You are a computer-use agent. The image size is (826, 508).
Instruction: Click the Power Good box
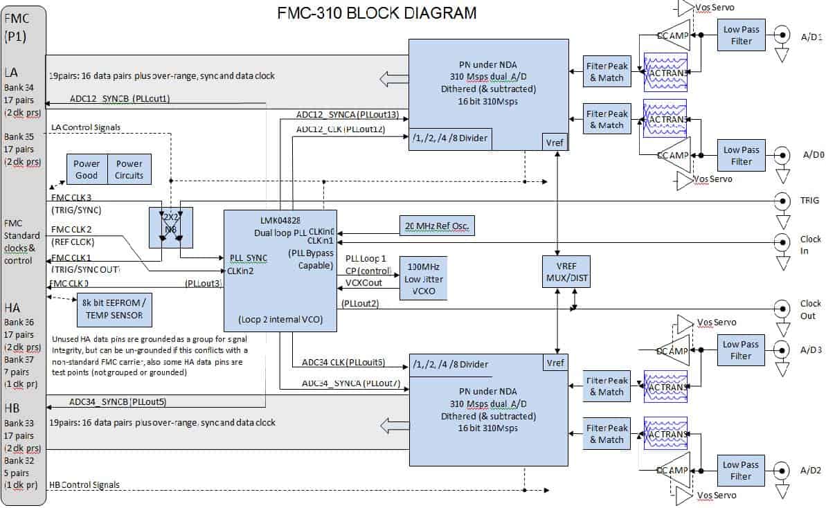point(87,170)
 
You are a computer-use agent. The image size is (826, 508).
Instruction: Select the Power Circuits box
point(129,170)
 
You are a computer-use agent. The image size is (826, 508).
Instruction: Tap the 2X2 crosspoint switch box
point(170,227)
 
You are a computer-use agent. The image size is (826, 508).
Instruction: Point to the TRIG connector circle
point(782,201)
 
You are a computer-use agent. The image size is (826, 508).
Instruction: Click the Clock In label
point(809,245)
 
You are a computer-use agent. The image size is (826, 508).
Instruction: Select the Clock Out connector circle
point(782,309)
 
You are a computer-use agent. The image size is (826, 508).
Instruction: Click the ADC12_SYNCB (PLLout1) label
point(120,98)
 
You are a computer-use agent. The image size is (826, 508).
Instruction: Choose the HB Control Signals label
point(84,484)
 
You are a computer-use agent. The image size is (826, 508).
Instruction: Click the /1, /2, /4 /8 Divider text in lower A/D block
point(450,365)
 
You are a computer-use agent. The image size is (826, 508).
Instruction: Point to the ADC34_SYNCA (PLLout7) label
point(350,383)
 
